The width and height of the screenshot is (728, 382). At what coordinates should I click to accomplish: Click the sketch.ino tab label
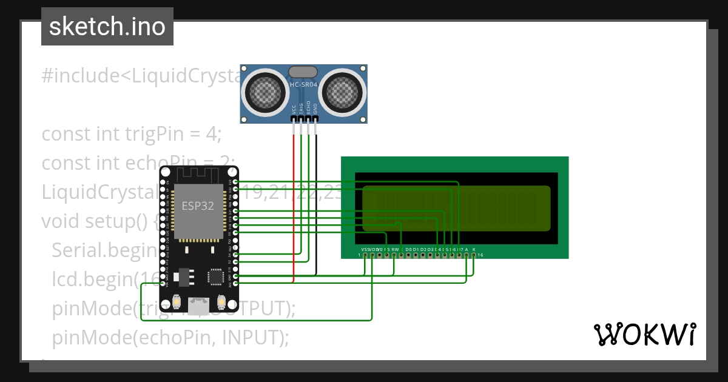tap(107, 27)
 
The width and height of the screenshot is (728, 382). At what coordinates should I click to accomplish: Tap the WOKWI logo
tap(644, 334)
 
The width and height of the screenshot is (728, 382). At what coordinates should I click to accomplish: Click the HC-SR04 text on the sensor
tap(303, 85)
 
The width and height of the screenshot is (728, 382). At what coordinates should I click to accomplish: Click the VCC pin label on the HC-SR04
tap(294, 109)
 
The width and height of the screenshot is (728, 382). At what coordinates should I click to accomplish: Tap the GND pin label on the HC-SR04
tap(315, 109)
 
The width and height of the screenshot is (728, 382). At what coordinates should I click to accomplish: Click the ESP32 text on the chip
tap(198, 206)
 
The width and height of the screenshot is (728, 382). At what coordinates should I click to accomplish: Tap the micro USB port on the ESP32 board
tap(197, 306)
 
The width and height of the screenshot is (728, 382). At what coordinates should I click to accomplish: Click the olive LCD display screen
tap(456, 208)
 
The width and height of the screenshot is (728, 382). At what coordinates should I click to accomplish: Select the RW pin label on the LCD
tap(395, 249)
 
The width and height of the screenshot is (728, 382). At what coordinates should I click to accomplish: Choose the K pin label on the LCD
tap(474, 249)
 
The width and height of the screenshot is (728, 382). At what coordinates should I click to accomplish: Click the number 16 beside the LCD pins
tap(480, 255)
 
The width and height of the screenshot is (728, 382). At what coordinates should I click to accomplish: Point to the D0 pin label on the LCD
tap(408, 249)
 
